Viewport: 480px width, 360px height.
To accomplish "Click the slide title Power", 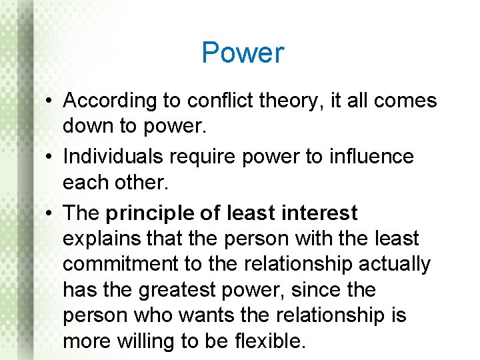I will [x=243, y=53].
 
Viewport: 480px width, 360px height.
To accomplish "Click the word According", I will [x=109, y=101].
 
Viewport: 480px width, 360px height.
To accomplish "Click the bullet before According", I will [x=51, y=101].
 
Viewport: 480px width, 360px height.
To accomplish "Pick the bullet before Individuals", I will [x=51, y=157].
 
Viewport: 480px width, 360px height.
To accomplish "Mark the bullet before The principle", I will [x=51, y=213].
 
